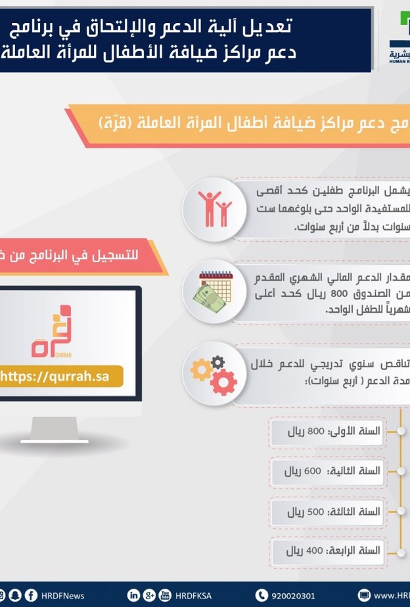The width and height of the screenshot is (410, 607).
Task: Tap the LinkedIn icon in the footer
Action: (133, 595)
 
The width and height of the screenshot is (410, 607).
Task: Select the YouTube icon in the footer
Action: (165, 595)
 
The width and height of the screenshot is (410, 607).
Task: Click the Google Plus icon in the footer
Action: (149, 595)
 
